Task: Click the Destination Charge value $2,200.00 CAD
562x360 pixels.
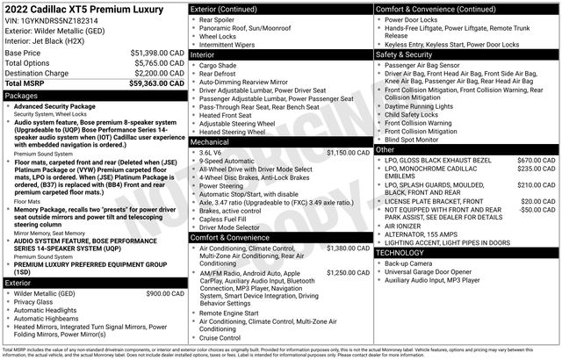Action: click(150, 73)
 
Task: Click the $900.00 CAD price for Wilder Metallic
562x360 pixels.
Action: click(164, 292)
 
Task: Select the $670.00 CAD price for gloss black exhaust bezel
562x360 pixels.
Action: click(537, 161)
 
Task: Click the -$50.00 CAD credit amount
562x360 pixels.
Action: click(537, 210)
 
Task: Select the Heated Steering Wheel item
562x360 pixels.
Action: click(234, 131)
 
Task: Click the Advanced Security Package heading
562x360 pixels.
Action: click(66, 105)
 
